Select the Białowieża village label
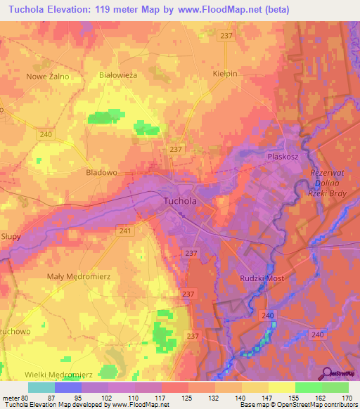click(117, 74)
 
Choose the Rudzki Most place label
click(261, 278)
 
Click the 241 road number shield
click(124, 231)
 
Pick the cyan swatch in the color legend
click(41, 387)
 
